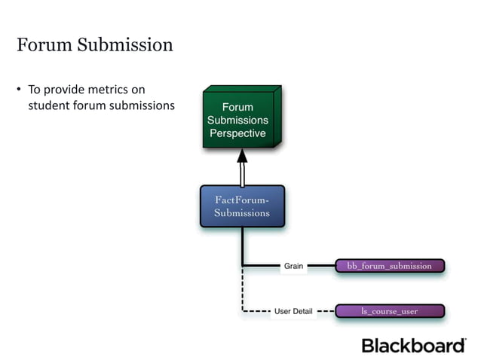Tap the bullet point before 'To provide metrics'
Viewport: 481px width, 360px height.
click(20, 90)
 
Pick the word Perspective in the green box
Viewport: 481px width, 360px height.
click(237, 133)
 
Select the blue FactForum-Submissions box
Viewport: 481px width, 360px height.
click(242, 206)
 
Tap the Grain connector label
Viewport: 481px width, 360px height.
click(293, 266)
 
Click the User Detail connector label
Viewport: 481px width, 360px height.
click(293, 310)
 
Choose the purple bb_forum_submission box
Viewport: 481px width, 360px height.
click(389, 266)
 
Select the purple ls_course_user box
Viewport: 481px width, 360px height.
click(389, 310)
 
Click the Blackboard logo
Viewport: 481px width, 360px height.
click(414, 346)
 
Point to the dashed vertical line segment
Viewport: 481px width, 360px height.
click(243, 290)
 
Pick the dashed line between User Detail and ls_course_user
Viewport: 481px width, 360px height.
click(326, 310)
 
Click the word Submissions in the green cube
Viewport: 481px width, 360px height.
click(237, 121)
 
